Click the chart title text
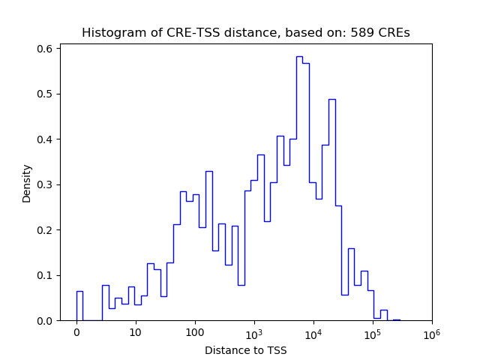[x=246, y=33]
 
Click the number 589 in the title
[x=364, y=33]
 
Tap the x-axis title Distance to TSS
[x=246, y=349]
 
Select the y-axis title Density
[x=27, y=183]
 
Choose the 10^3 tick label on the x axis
[x=254, y=332]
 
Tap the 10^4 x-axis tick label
[x=313, y=332]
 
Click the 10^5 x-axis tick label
[x=373, y=332]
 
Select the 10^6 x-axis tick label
[x=431, y=332]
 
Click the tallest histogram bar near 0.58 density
[x=299, y=187]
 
